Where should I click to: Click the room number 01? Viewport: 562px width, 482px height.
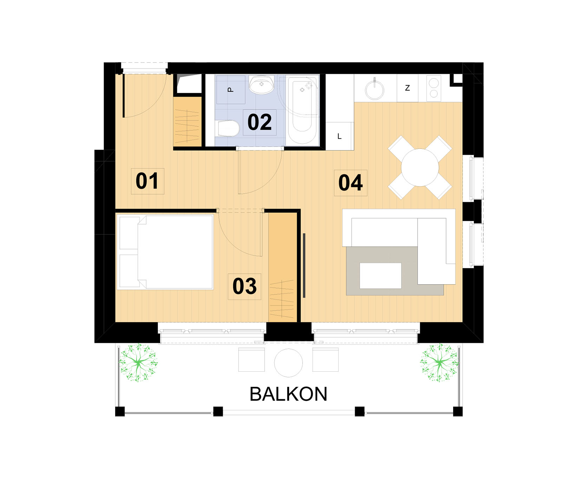tap(147, 181)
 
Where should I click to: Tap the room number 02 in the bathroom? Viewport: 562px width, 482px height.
tap(260, 122)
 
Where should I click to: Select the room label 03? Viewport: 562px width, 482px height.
tap(244, 286)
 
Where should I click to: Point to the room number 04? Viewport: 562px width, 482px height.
tap(350, 183)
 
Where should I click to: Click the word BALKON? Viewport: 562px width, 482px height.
tap(288, 394)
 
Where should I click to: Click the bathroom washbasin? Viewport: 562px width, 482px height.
tap(261, 85)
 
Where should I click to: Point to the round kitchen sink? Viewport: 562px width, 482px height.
tap(374, 90)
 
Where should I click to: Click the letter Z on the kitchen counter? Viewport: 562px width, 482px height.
tap(407, 88)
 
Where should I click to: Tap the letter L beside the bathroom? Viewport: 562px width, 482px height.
tap(339, 136)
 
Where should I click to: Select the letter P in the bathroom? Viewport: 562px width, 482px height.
tap(230, 90)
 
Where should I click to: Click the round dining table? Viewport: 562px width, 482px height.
tap(420, 167)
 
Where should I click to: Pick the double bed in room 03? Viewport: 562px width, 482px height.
tap(165, 252)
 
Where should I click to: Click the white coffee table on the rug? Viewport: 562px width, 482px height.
tap(380, 276)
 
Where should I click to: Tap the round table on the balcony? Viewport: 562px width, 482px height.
tap(288, 363)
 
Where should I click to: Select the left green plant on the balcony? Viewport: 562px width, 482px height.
tap(138, 363)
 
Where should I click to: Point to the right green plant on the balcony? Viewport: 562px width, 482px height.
tap(440, 363)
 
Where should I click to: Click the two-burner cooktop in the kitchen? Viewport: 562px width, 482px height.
tap(434, 89)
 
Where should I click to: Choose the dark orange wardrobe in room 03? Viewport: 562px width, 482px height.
tap(283, 267)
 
